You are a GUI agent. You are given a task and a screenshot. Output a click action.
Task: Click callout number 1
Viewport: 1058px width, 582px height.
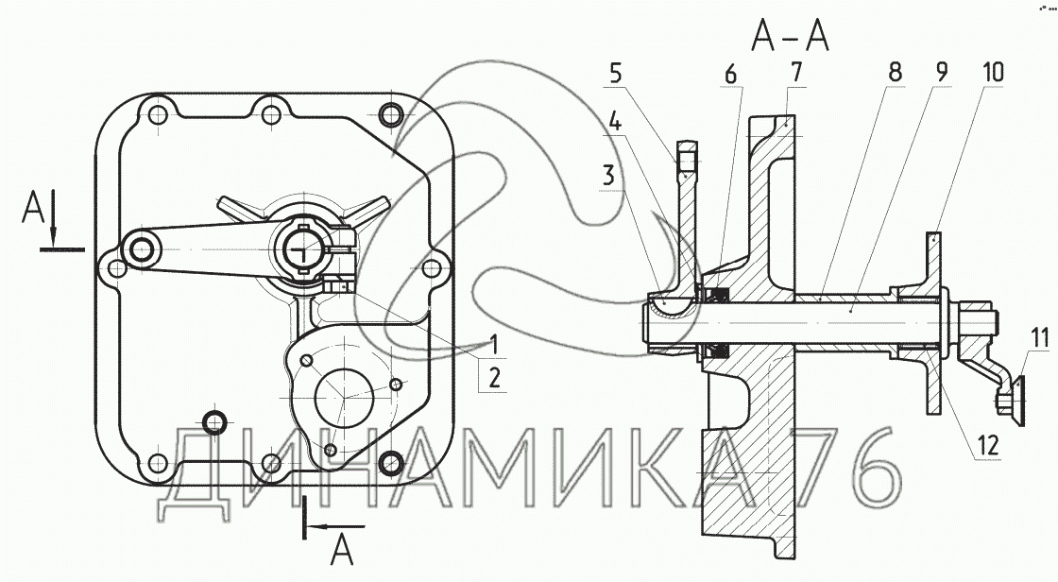(494, 345)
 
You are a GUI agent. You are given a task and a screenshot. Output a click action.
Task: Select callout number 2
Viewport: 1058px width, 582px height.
(495, 377)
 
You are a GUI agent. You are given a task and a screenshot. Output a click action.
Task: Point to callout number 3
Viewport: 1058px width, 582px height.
(609, 177)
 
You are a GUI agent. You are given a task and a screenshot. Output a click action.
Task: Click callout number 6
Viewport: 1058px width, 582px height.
(731, 75)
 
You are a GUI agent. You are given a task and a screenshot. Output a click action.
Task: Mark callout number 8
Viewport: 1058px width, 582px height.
(895, 72)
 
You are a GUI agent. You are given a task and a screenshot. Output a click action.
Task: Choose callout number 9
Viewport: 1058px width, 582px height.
(941, 72)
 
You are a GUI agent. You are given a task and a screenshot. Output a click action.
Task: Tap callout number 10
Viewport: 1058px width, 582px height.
(993, 72)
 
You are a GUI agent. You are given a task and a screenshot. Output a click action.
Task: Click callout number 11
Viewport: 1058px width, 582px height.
(1040, 336)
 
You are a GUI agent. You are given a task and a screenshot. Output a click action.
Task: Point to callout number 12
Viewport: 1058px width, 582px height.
(988, 445)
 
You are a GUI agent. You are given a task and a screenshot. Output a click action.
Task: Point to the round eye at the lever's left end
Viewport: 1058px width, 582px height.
(141, 250)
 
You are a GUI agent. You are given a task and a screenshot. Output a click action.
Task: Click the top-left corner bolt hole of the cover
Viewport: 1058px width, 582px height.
(157, 114)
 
